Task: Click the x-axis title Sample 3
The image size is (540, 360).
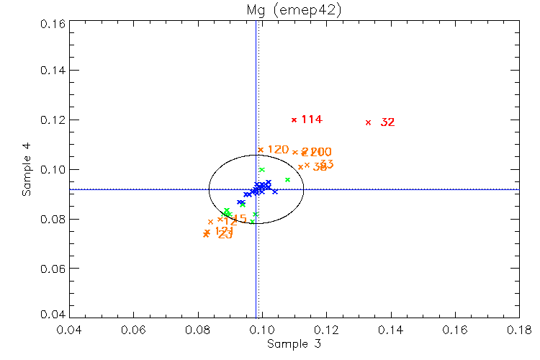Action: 294,344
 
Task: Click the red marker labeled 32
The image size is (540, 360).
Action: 369,122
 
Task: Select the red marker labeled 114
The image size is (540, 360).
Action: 294,120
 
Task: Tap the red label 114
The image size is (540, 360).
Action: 311,120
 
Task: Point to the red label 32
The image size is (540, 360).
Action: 387,122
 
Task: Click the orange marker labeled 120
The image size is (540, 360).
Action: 261,150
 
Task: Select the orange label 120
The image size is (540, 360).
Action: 278,150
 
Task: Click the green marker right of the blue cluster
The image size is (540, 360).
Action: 287,180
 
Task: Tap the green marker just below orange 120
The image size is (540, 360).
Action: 262,170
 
